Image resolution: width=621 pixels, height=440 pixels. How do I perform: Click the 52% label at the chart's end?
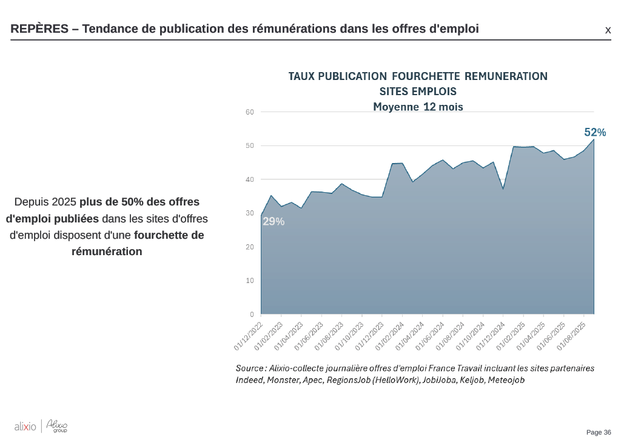[594, 132]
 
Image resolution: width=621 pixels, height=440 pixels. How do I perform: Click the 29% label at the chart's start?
[273, 222]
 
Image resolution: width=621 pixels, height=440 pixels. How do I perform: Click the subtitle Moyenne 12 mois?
[418, 107]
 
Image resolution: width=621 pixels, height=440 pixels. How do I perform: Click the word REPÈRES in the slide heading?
[39, 29]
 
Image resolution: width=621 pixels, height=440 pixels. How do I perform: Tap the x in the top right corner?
[608, 30]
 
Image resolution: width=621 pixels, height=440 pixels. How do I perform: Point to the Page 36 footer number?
[599, 432]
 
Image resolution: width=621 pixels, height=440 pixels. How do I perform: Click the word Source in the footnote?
[249, 368]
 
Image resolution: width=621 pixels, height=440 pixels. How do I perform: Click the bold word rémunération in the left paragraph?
[107, 252]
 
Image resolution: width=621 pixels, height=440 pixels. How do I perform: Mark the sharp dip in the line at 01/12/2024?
[503, 189]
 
